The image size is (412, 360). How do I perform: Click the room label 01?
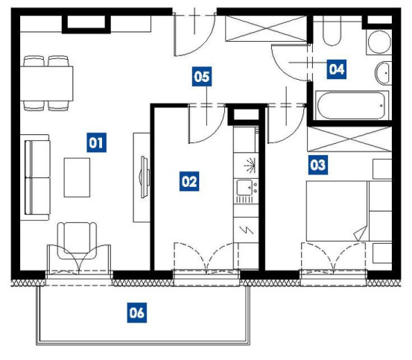(96, 142)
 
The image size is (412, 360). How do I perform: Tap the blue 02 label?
(189, 181)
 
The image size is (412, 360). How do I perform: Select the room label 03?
(318, 165)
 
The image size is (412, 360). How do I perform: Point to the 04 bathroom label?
(336, 69)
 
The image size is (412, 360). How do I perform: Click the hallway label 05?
(202, 77)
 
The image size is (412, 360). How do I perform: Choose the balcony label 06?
(137, 313)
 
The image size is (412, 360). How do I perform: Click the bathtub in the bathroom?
(352, 106)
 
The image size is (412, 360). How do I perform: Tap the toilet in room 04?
(332, 31)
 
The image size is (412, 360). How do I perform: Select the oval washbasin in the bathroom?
(383, 73)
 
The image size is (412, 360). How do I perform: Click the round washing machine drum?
(379, 42)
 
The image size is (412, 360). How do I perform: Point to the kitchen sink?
(244, 187)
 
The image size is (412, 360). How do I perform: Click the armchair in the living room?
(77, 241)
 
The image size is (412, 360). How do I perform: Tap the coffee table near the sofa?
(77, 177)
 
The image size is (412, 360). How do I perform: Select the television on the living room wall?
(145, 177)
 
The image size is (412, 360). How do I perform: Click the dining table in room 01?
(46, 83)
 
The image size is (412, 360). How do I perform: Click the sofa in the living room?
(35, 177)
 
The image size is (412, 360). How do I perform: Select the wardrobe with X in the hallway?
(266, 28)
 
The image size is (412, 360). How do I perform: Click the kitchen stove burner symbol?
(249, 166)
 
